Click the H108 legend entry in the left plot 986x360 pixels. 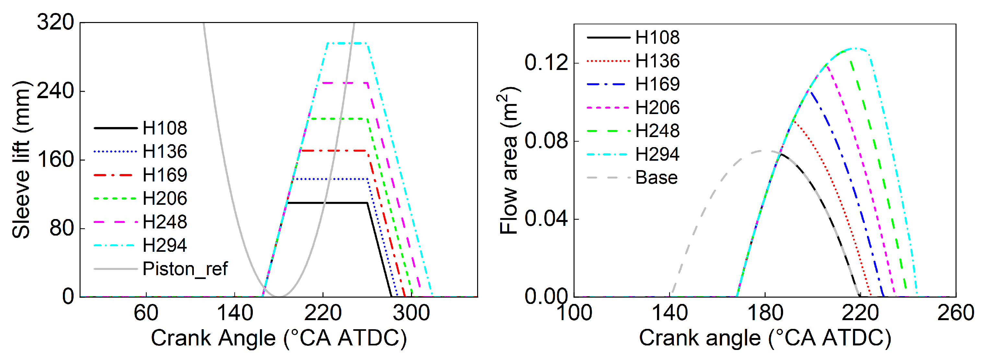pyautogui.click(x=165, y=128)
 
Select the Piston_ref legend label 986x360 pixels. pyautogui.click(x=185, y=269)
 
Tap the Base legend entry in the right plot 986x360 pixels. pyautogui.click(x=656, y=178)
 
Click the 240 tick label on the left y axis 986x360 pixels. pyautogui.click(x=55, y=91)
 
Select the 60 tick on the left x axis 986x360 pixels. pyautogui.click(x=146, y=313)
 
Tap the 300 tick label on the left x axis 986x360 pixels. pyautogui.click(x=411, y=313)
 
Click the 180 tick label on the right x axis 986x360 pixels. pyautogui.click(x=765, y=313)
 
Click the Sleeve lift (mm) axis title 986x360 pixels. pyautogui.click(x=21, y=160)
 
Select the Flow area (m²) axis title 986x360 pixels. pyautogui.click(x=508, y=161)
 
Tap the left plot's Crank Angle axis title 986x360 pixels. pyautogui.click(x=279, y=338)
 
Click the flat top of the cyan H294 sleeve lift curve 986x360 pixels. pyautogui.click(x=347, y=43)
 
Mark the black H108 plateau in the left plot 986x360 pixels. pyautogui.click(x=327, y=203)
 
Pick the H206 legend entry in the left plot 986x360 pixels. pyautogui.click(x=165, y=199)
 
